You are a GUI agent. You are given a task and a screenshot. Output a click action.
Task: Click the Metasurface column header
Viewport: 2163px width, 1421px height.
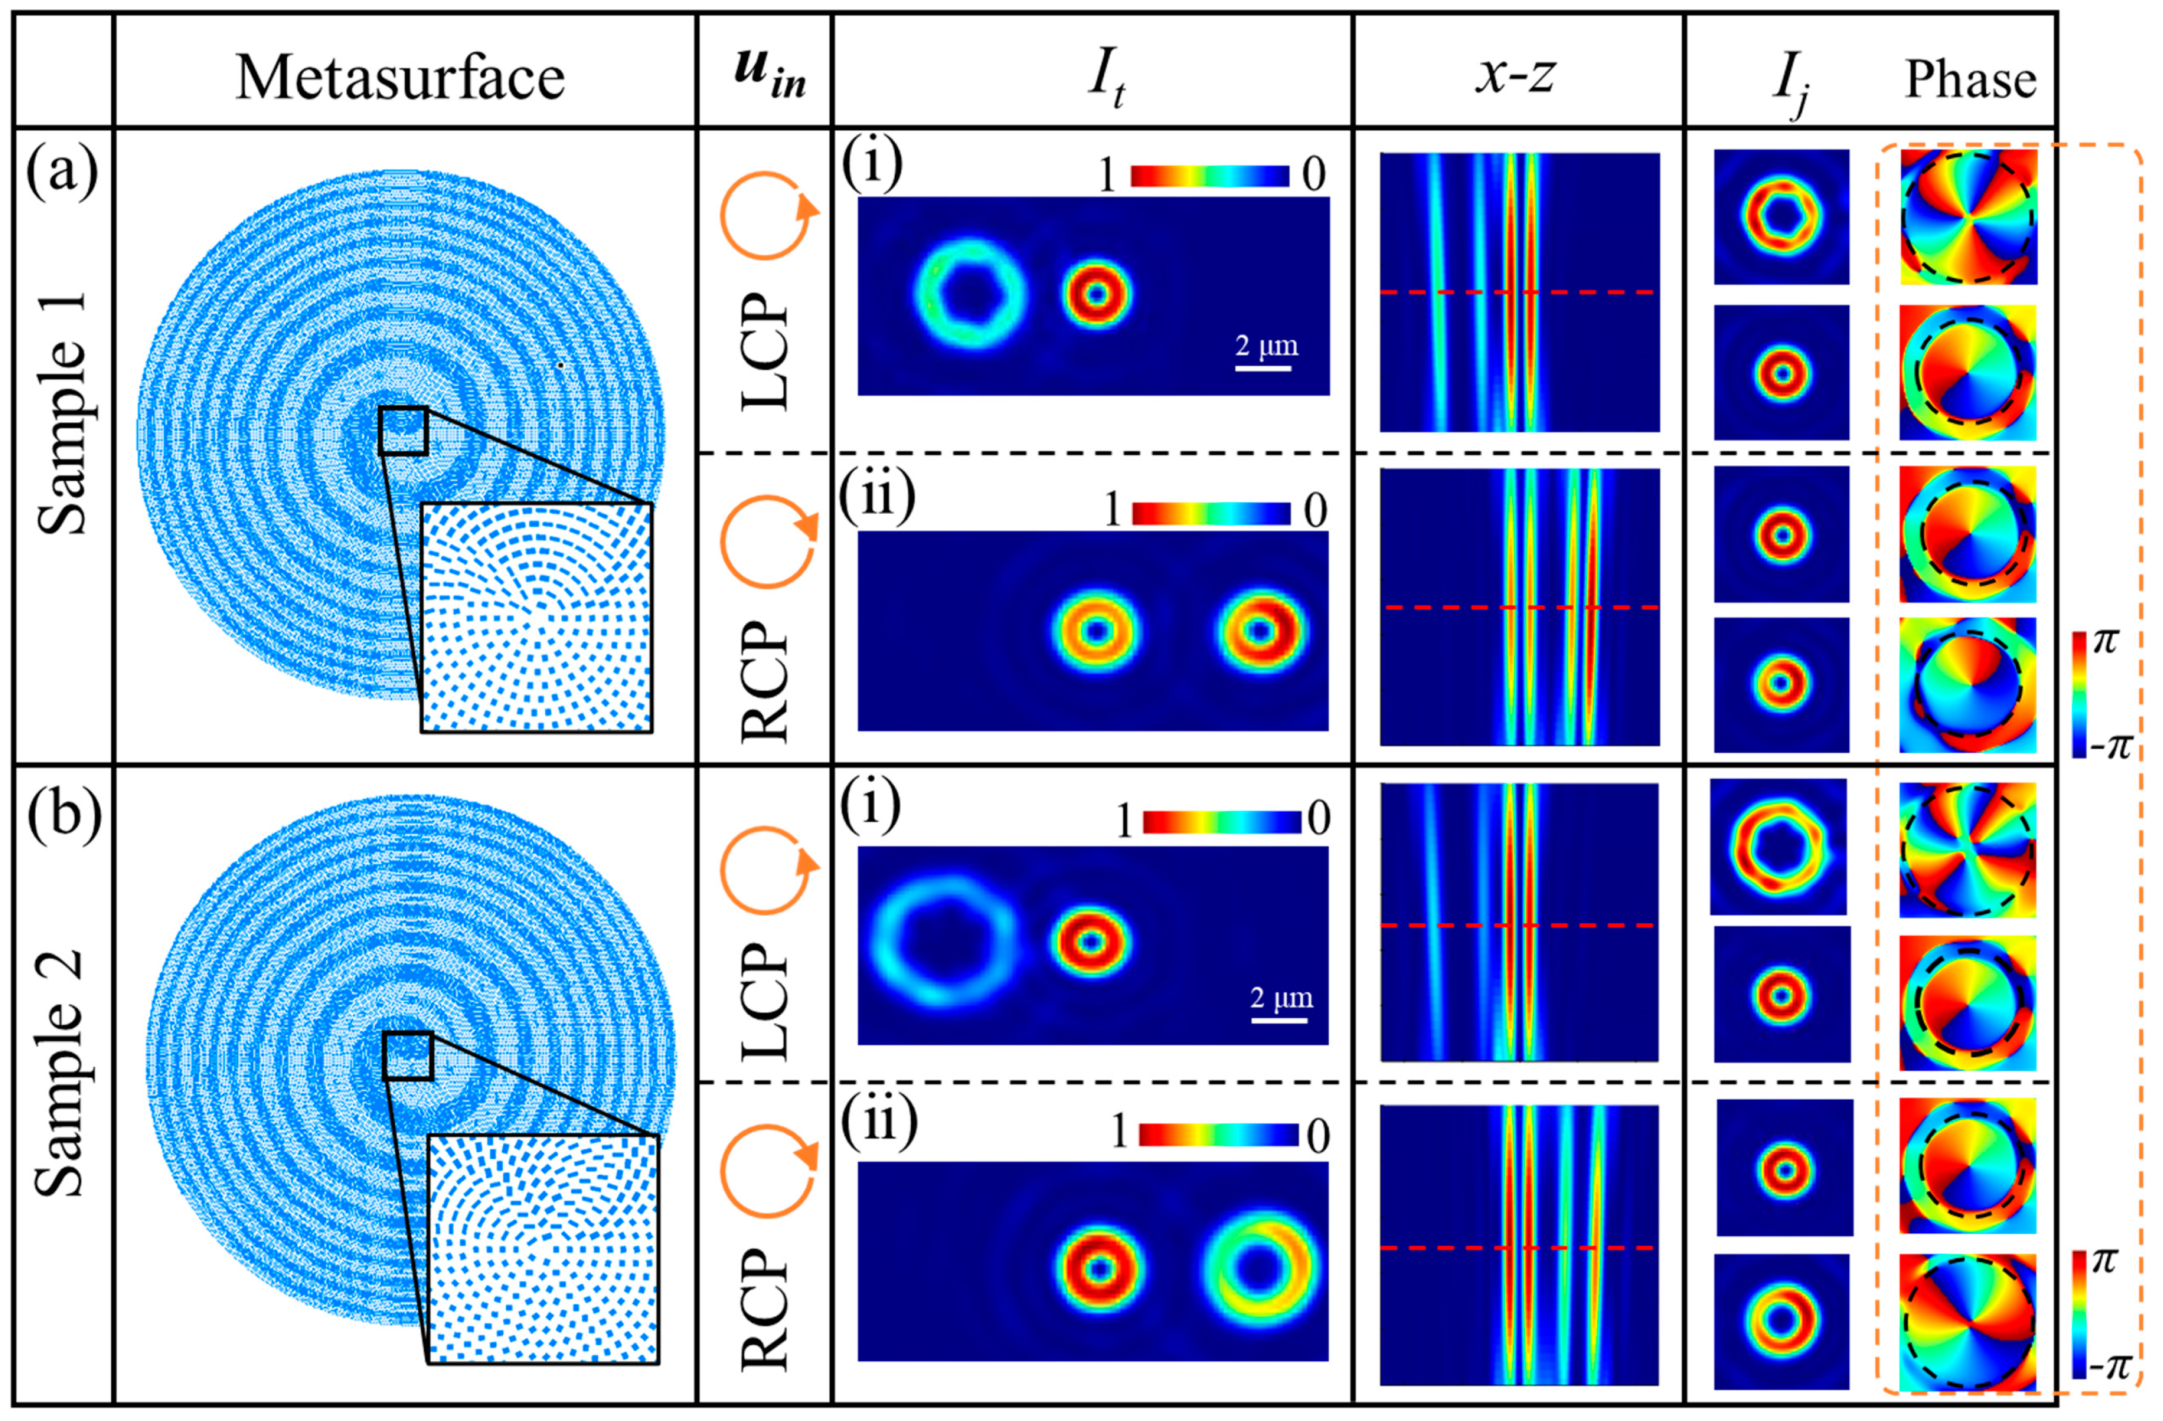(x=400, y=76)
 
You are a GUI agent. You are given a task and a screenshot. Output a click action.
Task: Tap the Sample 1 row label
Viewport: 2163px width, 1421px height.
(x=64, y=413)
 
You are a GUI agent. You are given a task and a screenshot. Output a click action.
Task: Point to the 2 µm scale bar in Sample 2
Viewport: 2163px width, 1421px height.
(x=1279, y=1020)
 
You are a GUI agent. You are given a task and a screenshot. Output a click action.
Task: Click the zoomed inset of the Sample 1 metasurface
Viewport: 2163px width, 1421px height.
(x=536, y=617)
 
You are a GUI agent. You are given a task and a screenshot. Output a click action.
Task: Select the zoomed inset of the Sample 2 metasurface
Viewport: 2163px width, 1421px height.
(x=543, y=1249)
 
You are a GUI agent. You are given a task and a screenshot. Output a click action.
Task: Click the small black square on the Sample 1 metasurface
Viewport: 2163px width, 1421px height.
(x=403, y=430)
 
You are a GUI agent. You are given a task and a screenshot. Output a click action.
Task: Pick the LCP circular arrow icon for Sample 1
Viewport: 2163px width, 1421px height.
(x=766, y=216)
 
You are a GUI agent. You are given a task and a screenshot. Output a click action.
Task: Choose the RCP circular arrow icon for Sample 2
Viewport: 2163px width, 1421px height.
(x=766, y=1173)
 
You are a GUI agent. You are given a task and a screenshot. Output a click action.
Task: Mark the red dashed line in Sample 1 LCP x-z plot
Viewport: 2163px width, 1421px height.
(x=1518, y=293)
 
